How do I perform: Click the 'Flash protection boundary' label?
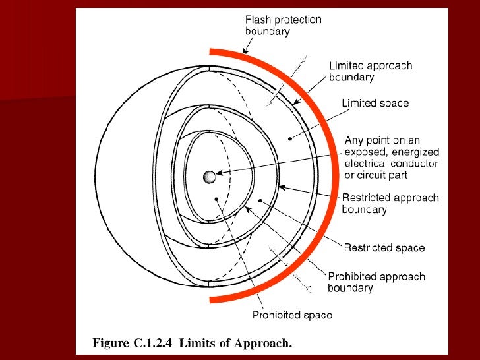click(283, 25)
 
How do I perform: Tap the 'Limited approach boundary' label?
click(371, 71)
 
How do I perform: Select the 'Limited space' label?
click(375, 103)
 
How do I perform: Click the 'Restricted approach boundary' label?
click(390, 203)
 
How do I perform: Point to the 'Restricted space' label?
click(384, 248)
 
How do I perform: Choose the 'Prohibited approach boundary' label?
click(376, 282)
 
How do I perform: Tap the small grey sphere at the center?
click(210, 177)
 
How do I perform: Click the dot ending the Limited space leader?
click(290, 139)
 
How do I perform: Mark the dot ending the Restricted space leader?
click(261, 200)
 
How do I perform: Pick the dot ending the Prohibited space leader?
click(216, 198)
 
